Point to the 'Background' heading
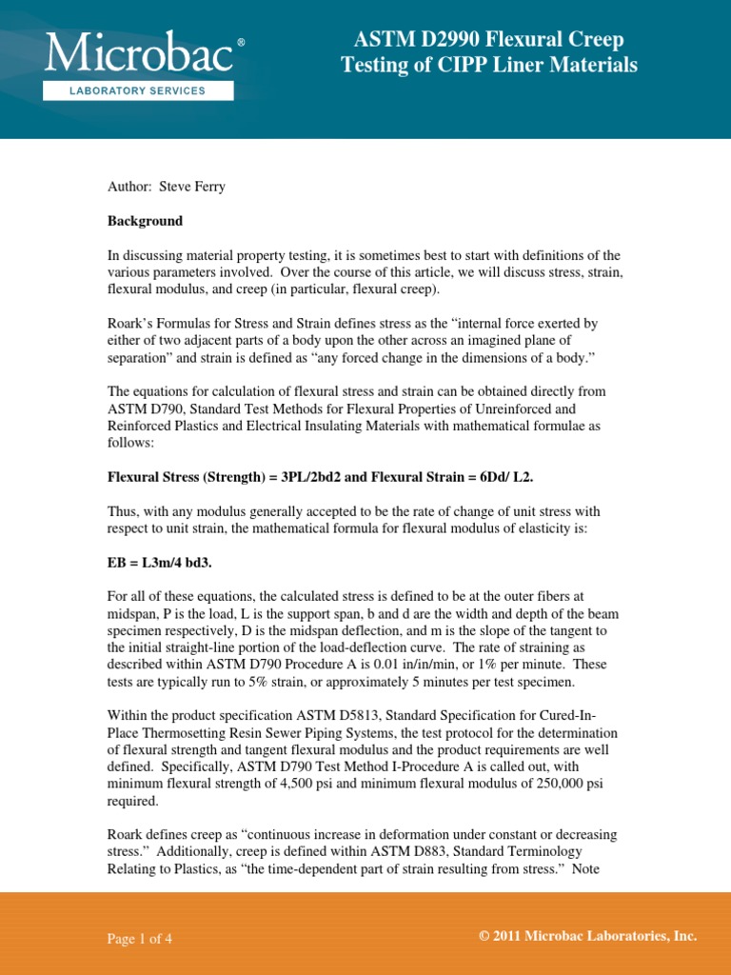tap(144, 221)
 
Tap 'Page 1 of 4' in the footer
tap(139, 939)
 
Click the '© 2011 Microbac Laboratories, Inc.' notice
tap(588, 937)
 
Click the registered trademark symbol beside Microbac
tap(240, 44)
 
